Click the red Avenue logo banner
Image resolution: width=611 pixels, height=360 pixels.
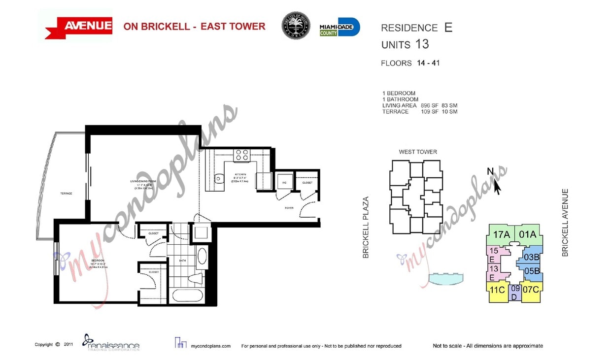(x=79, y=26)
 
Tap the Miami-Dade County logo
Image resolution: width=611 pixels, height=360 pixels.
(x=339, y=27)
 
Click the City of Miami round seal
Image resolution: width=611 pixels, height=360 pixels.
(x=296, y=26)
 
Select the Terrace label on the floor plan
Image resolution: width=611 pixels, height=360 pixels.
(x=67, y=194)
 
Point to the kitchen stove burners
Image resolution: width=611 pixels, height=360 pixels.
(x=241, y=155)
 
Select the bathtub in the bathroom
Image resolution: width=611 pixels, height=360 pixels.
(x=187, y=297)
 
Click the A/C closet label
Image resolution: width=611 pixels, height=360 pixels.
(x=284, y=183)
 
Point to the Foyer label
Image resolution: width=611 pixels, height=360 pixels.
(x=289, y=208)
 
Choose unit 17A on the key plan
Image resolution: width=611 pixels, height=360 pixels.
(x=501, y=234)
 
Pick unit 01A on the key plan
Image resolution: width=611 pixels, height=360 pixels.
(x=527, y=234)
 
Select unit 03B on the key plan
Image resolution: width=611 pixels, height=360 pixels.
(x=533, y=257)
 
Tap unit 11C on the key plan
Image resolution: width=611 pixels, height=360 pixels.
(x=497, y=290)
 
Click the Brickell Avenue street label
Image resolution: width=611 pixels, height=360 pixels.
(x=565, y=223)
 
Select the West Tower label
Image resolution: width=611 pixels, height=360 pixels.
(x=418, y=152)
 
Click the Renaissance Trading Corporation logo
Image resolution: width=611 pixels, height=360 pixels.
(x=111, y=343)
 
